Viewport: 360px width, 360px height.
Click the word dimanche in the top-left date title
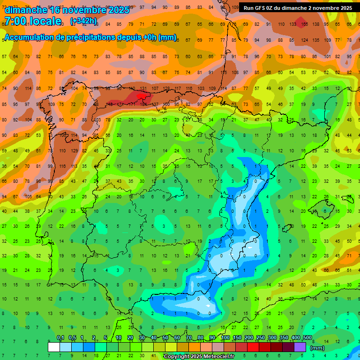coord(26,10)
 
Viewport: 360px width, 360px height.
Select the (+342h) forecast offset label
coord(83,21)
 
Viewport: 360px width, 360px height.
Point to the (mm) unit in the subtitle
coord(168,37)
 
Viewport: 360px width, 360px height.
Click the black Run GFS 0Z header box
coord(298,7)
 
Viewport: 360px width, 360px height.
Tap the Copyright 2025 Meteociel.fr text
coord(199,357)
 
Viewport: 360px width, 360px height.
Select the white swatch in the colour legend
coord(54,347)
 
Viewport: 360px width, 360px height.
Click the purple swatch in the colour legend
coord(300,347)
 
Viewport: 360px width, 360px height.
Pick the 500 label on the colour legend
coord(307,338)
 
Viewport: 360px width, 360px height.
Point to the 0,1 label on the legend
coord(60,338)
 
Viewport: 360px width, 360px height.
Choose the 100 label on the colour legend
coord(225,338)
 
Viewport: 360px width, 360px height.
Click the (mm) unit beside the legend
coord(317,348)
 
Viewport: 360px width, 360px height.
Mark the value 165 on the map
coord(304,23)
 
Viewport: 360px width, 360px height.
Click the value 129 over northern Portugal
coord(74,150)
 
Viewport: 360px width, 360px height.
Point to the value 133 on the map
coord(292,23)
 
